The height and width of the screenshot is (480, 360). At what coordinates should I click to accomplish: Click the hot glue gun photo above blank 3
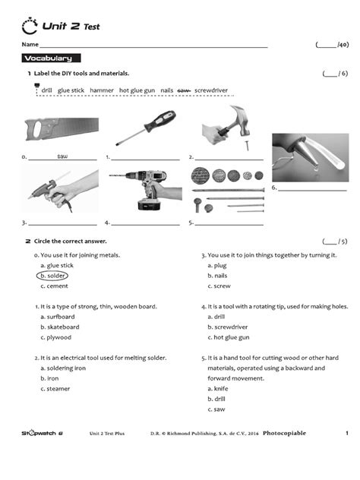click(61, 191)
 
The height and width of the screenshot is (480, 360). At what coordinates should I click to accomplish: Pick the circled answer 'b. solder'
click(54, 276)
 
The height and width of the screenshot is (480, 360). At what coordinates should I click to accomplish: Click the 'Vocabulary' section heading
click(47, 58)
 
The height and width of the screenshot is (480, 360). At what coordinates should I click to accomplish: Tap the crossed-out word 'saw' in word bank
click(183, 90)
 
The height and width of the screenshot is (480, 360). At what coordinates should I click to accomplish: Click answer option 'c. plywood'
click(55, 337)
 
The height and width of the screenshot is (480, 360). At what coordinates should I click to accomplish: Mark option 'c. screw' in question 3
click(220, 286)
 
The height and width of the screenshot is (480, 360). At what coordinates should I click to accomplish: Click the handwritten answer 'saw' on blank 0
click(62, 156)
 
